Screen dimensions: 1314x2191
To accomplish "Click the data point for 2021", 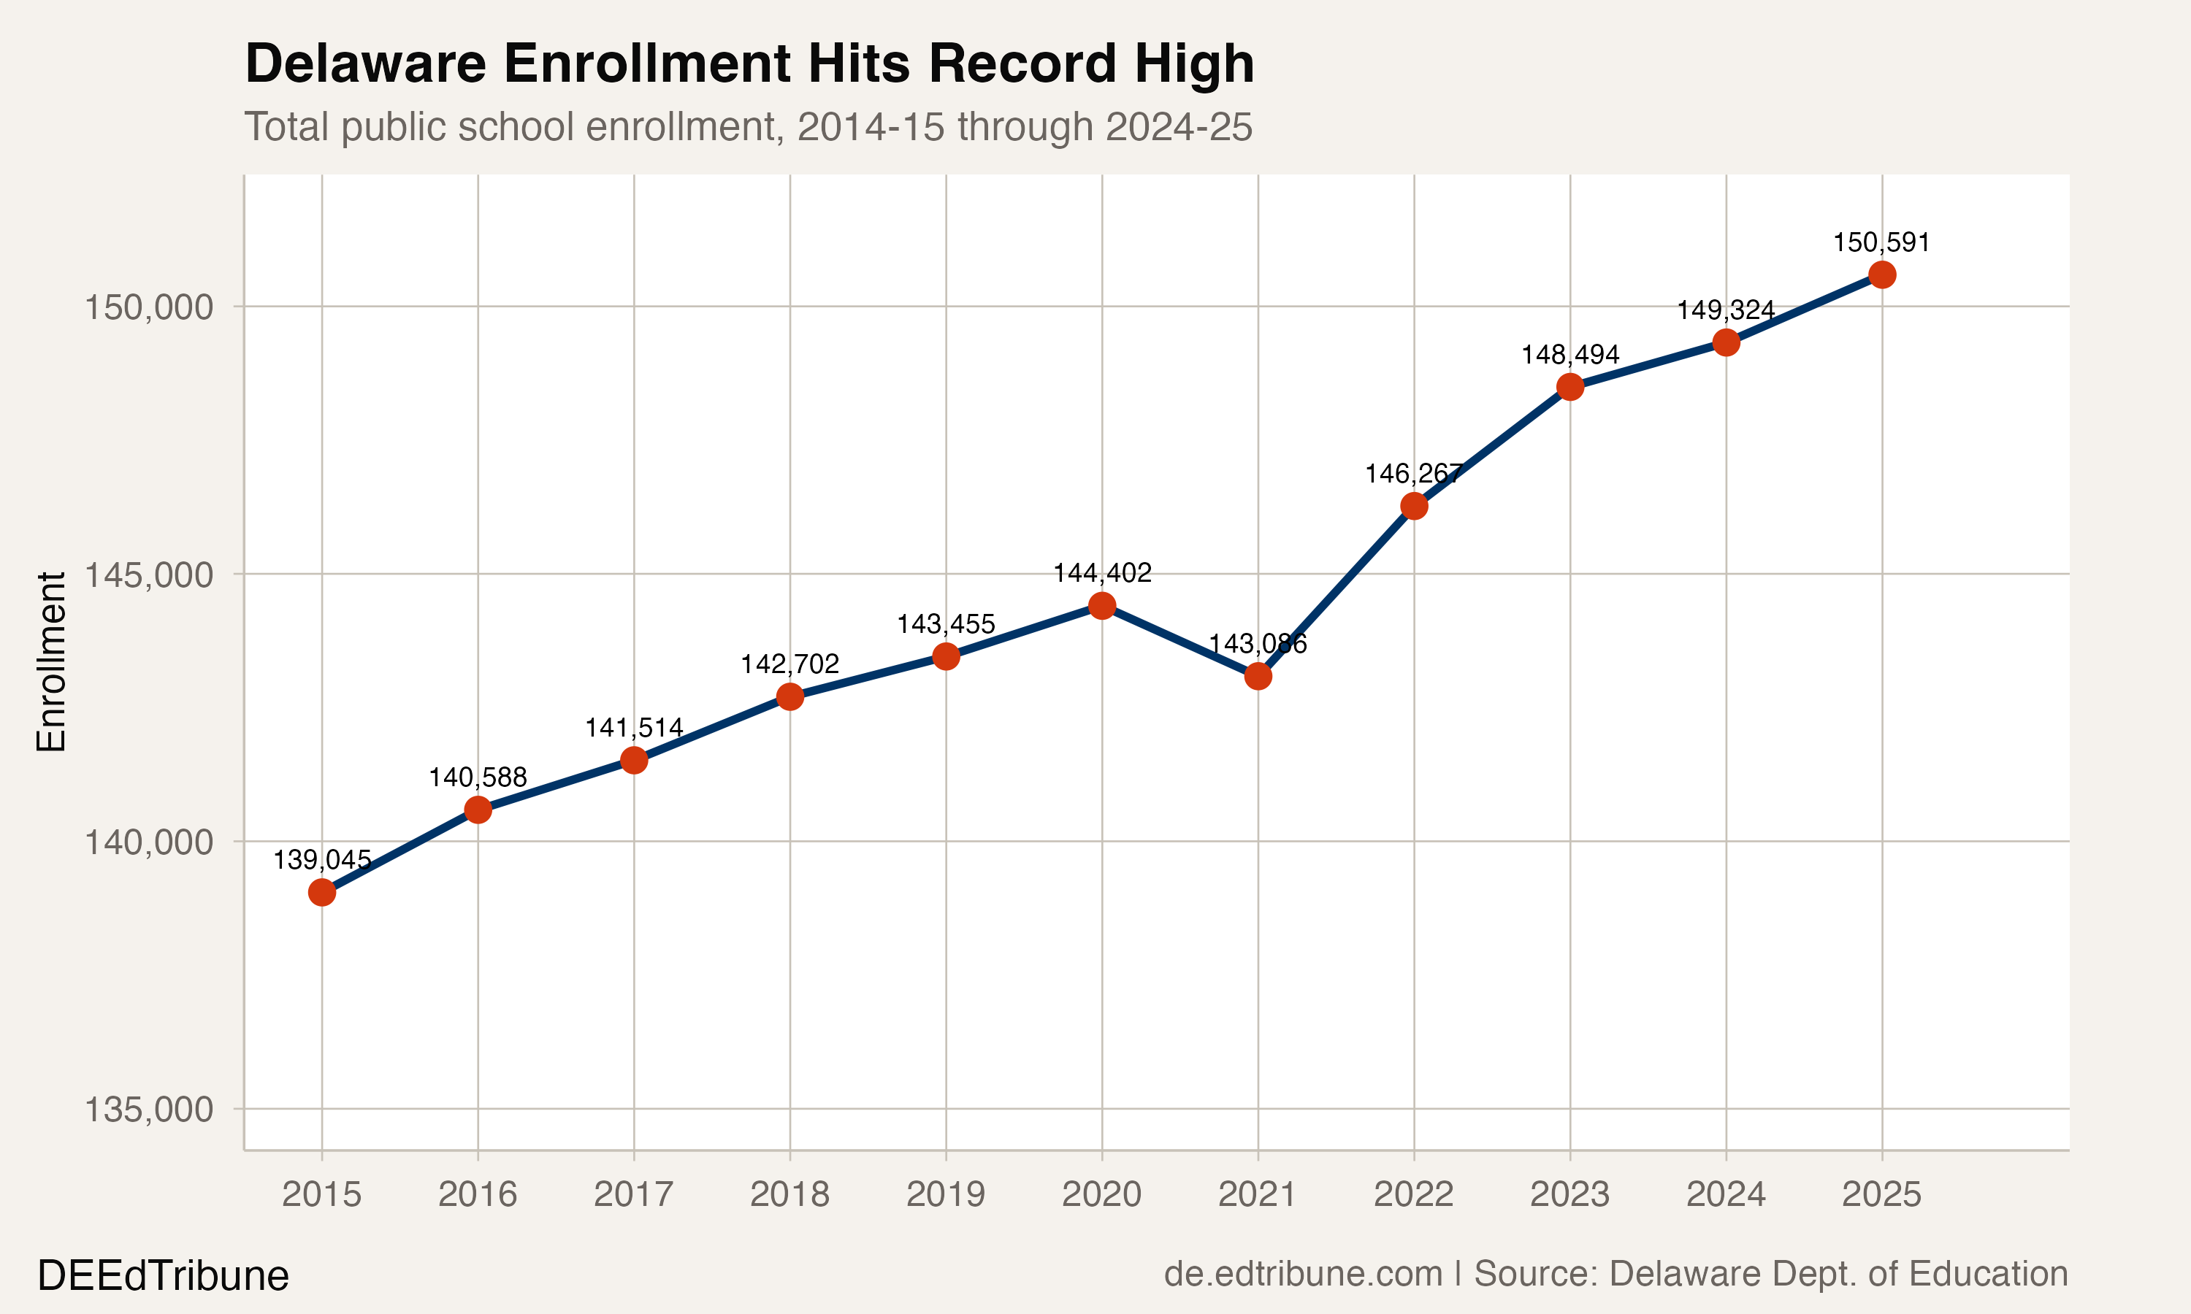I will tap(1258, 677).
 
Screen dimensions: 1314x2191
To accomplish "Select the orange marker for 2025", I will tap(1882, 274).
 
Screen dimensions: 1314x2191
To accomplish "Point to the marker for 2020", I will tap(1101, 606).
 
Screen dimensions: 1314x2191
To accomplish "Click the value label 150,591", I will tap(1881, 242).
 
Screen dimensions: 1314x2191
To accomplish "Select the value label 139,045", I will tap(321, 860).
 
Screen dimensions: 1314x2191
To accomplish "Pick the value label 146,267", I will tap(1413, 474).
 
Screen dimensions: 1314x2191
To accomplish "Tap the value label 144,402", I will tap(1101, 573).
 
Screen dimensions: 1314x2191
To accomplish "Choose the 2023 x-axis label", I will tap(1569, 1194).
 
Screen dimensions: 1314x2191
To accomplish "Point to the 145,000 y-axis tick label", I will tap(149, 575).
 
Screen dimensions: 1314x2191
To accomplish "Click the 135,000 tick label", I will tap(149, 1110).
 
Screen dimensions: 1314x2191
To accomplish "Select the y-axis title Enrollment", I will tap(51, 661).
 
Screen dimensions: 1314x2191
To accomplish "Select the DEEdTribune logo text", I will tap(163, 1276).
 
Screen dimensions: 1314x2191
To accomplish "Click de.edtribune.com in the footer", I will tap(1303, 1273).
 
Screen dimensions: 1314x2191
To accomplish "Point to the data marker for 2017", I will tap(633, 760).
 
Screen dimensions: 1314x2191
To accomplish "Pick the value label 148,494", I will tap(1569, 354).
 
